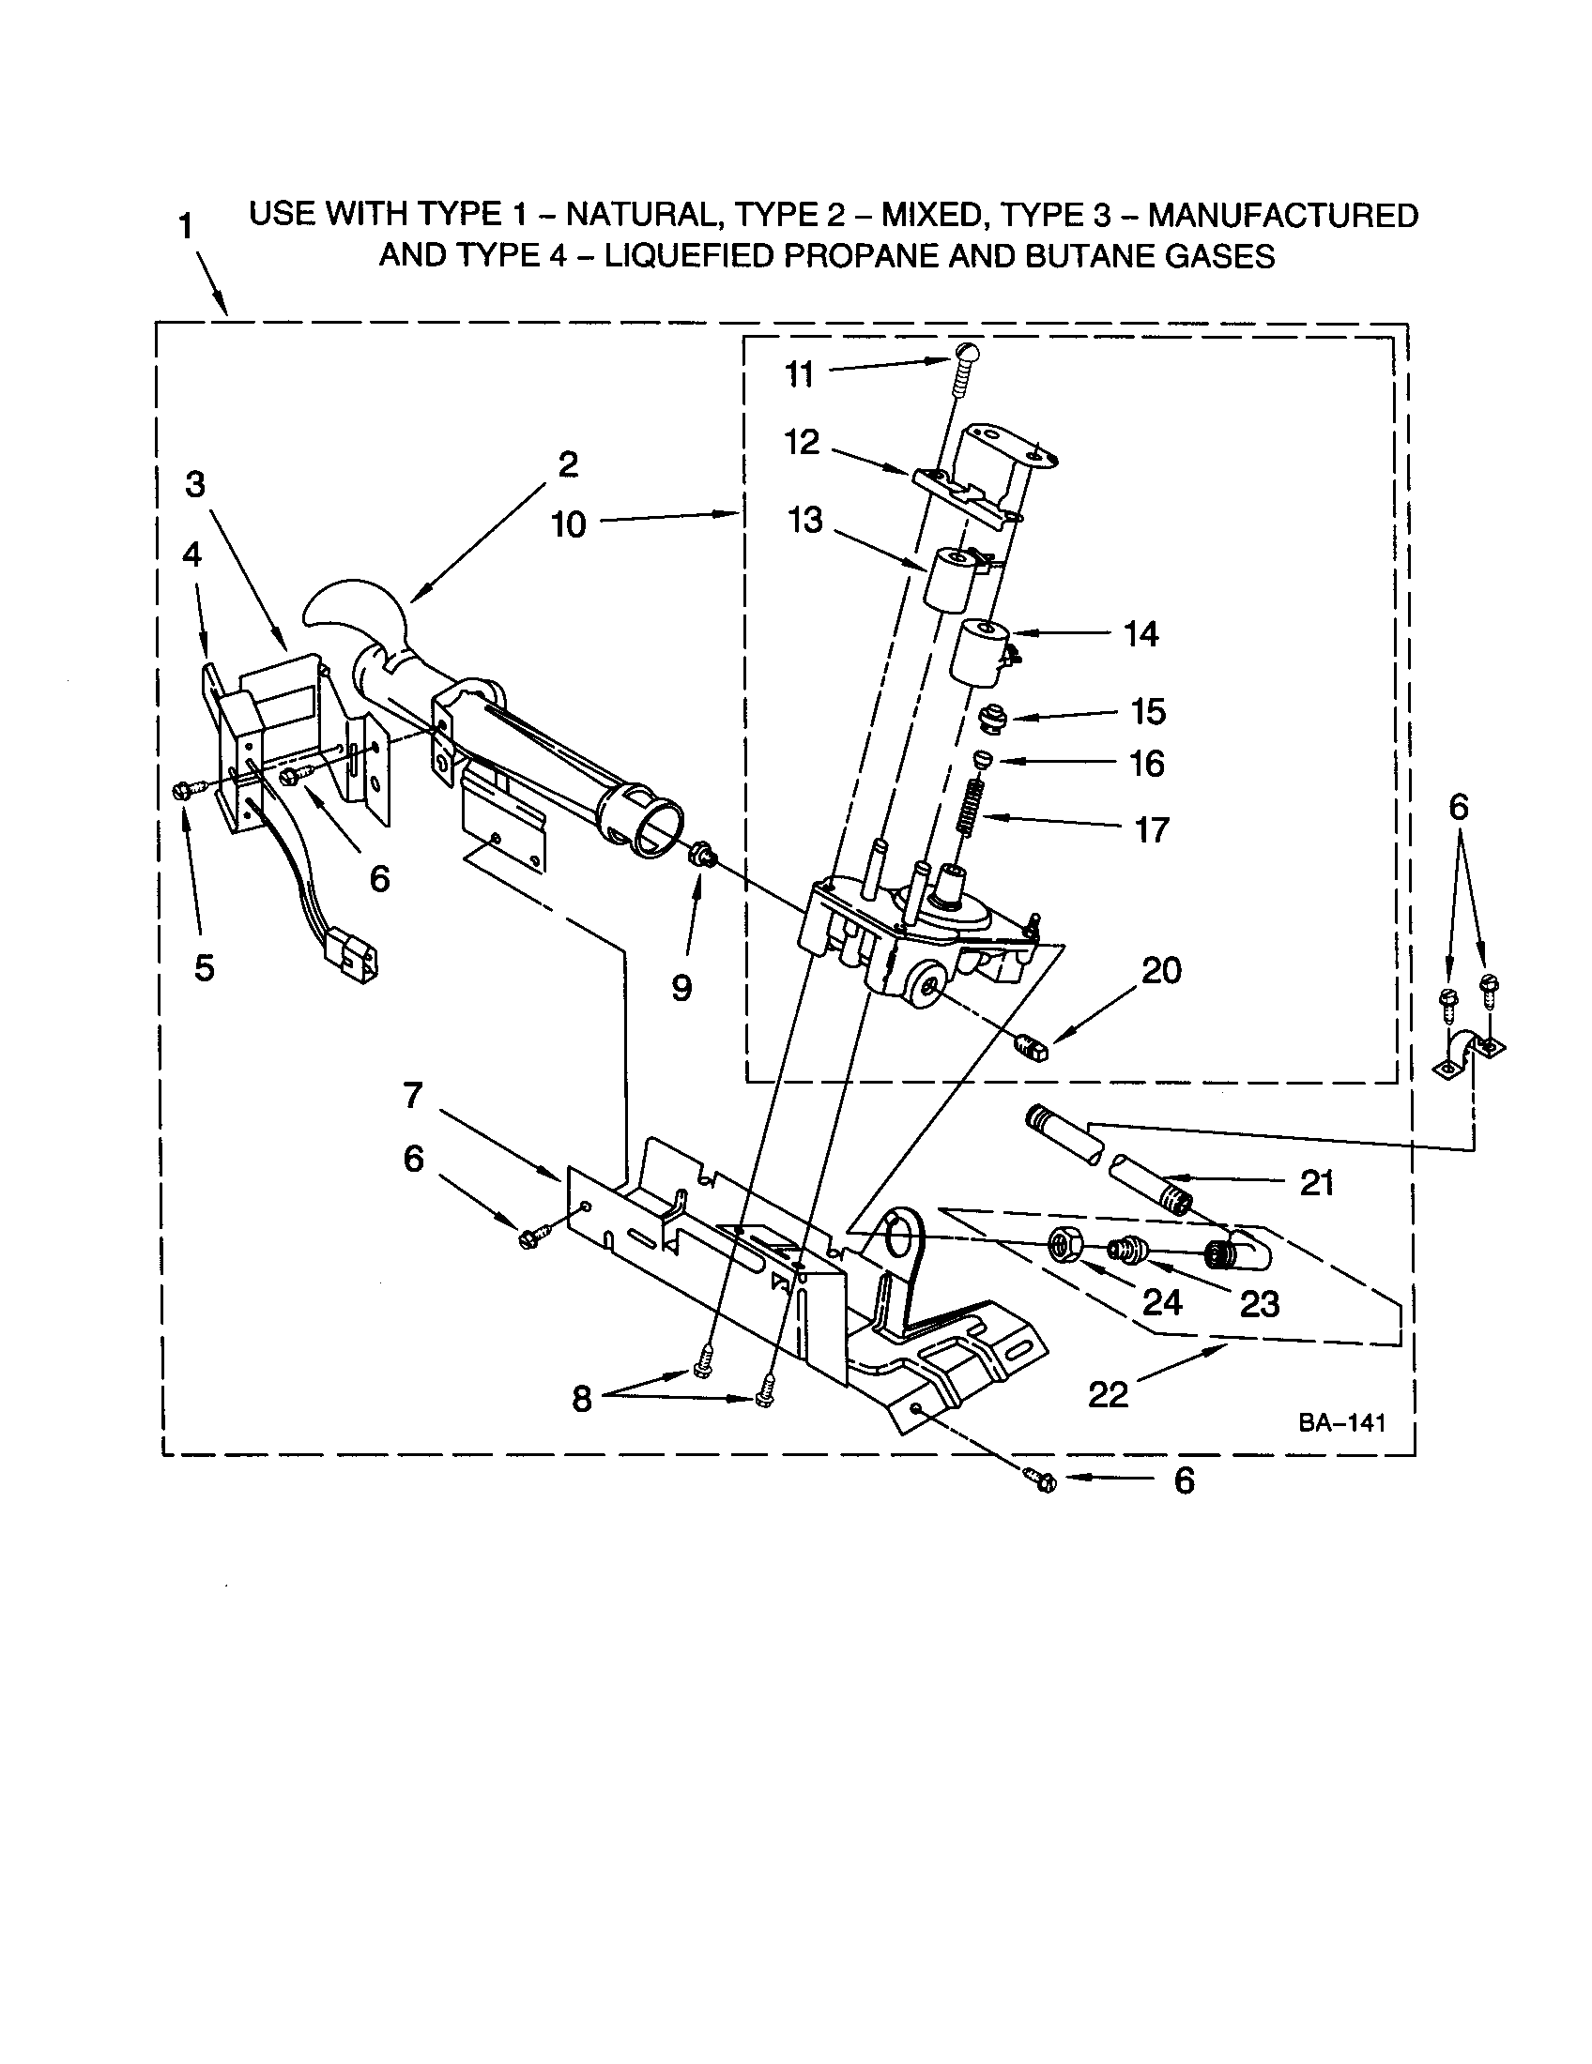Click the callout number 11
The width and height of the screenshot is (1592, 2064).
point(800,375)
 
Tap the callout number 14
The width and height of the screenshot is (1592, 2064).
point(1140,634)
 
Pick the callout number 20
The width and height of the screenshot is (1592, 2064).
point(1161,971)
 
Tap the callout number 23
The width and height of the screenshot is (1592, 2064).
point(1259,1304)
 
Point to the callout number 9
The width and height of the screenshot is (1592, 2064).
point(681,989)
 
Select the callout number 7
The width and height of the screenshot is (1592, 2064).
point(413,1095)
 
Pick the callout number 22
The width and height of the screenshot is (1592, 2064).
point(1108,1394)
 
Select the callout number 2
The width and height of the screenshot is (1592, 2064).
point(568,464)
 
